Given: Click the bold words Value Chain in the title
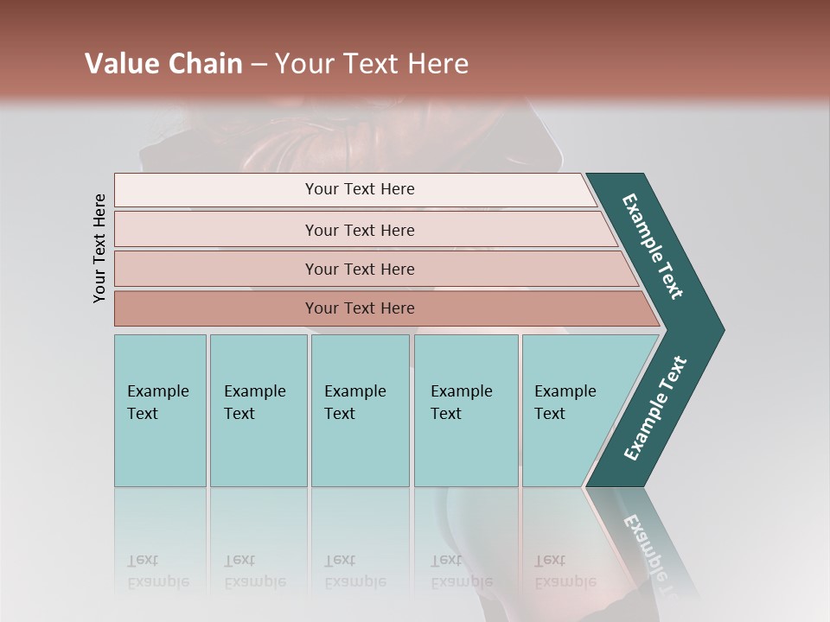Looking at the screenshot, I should pos(163,64).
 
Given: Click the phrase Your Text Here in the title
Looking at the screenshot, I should pos(372,64).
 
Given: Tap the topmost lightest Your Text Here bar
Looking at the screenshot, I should pos(360,189).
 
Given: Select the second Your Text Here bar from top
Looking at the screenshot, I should pos(360,230).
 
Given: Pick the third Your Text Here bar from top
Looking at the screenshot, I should pos(360,269).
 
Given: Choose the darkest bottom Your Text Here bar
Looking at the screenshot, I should pos(360,308).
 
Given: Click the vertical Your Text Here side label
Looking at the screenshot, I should pos(99,249).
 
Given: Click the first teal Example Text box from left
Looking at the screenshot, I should pos(160,410).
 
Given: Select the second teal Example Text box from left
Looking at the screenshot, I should pos(258,410).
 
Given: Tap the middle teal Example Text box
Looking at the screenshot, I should pos(360,410).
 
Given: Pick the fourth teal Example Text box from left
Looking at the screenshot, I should pos(465,410).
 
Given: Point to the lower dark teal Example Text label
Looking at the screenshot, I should pos(655,408).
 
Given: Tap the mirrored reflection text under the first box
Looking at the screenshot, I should pos(157,571).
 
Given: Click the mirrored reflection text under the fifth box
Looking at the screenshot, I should pos(565,571).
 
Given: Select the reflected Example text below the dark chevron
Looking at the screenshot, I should pos(648,553).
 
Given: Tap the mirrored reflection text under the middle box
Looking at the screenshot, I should pos(354,571).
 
